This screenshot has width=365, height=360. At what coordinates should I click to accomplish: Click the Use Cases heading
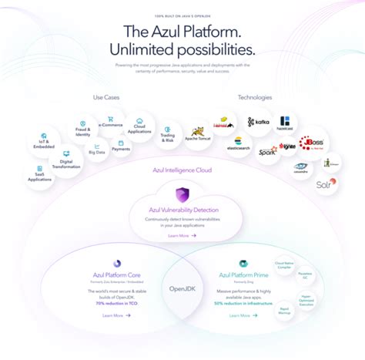[x=106, y=97]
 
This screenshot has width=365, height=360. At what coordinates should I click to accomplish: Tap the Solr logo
[x=324, y=183]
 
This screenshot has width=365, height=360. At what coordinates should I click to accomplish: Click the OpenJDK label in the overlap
[x=182, y=290]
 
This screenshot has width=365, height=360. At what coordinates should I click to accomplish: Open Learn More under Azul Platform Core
[x=116, y=315]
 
